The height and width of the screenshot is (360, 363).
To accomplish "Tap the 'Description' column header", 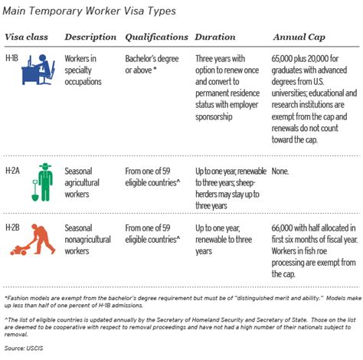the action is coord(90,36).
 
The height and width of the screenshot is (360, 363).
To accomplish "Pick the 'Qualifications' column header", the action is coord(156,36).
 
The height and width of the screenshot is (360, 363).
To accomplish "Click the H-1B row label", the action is coord(13,57).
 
